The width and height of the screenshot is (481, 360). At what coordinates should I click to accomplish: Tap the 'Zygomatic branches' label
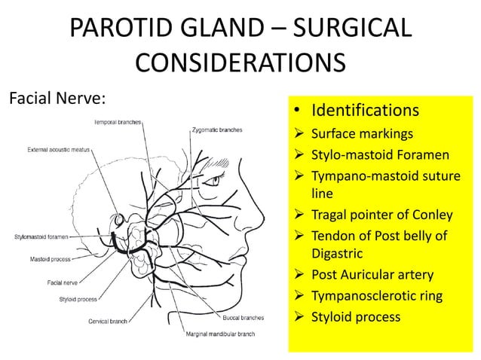pyautogui.click(x=216, y=130)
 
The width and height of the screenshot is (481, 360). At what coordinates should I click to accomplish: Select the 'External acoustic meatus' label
pyautogui.click(x=58, y=150)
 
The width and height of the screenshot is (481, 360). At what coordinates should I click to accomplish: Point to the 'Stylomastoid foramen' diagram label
pyautogui.click(x=42, y=236)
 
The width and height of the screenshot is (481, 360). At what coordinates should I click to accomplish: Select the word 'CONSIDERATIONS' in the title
pyautogui.click(x=240, y=62)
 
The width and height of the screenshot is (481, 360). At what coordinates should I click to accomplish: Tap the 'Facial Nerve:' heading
pyautogui.click(x=54, y=99)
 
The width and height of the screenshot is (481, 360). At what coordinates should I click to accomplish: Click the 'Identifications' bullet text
pyautogui.click(x=365, y=111)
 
